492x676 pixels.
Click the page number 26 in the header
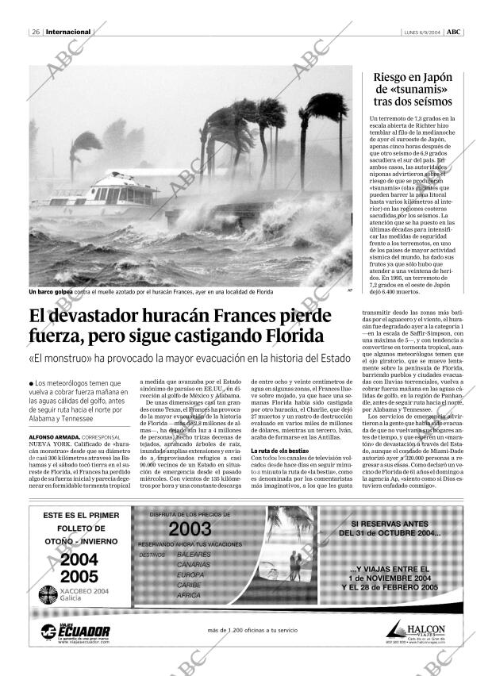[x=36, y=33]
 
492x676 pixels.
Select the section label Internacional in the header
[x=69, y=33]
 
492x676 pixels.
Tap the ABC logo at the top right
[x=453, y=33]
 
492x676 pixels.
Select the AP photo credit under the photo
[x=349, y=290]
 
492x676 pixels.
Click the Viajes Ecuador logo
[x=76, y=631]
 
